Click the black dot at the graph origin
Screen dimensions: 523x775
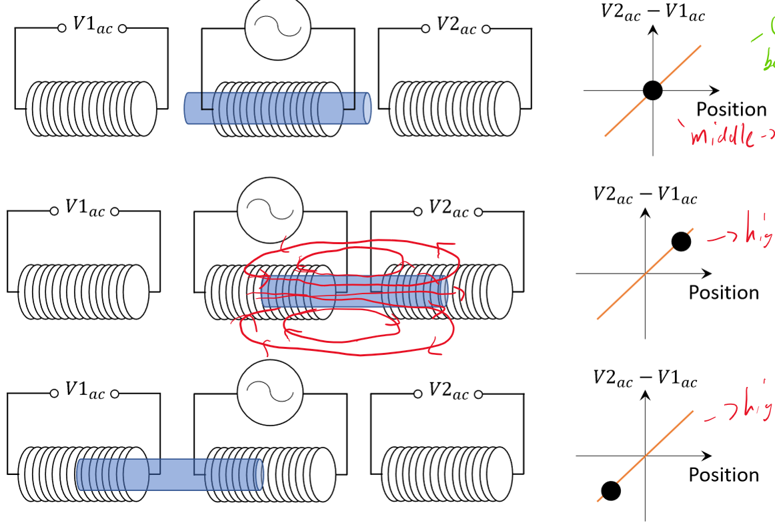pos(653,90)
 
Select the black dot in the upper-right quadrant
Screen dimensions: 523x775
pos(681,241)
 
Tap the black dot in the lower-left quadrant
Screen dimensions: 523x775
pos(610,491)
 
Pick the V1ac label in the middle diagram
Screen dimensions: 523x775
pos(85,209)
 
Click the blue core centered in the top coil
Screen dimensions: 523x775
pos(277,108)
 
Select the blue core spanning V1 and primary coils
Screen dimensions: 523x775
pos(170,474)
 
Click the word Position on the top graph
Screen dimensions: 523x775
pos(732,109)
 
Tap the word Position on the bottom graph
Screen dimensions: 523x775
pos(724,475)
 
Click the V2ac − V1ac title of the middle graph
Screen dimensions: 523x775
pos(645,196)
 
